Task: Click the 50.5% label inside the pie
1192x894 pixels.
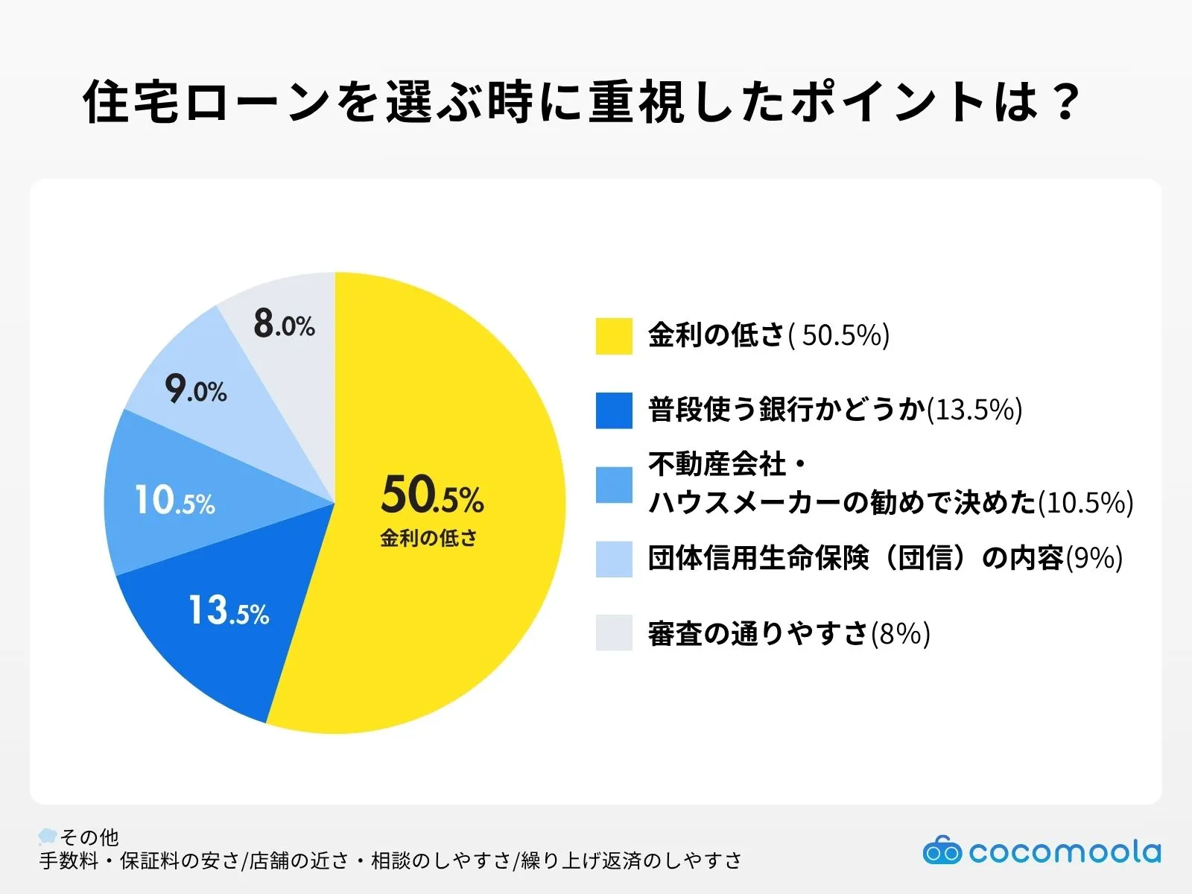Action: pos(432,495)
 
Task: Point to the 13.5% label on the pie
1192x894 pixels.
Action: pos(228,610)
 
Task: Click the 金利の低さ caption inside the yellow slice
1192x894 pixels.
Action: pos(428,538)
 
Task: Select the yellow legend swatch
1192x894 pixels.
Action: pos(614,336)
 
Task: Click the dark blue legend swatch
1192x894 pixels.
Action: pos(614,410)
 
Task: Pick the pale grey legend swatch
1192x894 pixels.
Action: pos(614,633)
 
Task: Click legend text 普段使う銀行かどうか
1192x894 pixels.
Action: pos(786,410)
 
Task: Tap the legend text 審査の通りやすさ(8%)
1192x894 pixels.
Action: pos(788,633)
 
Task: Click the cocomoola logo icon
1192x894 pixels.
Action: pos(942,850)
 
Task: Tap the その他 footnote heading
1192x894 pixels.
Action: pos(89,837)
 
